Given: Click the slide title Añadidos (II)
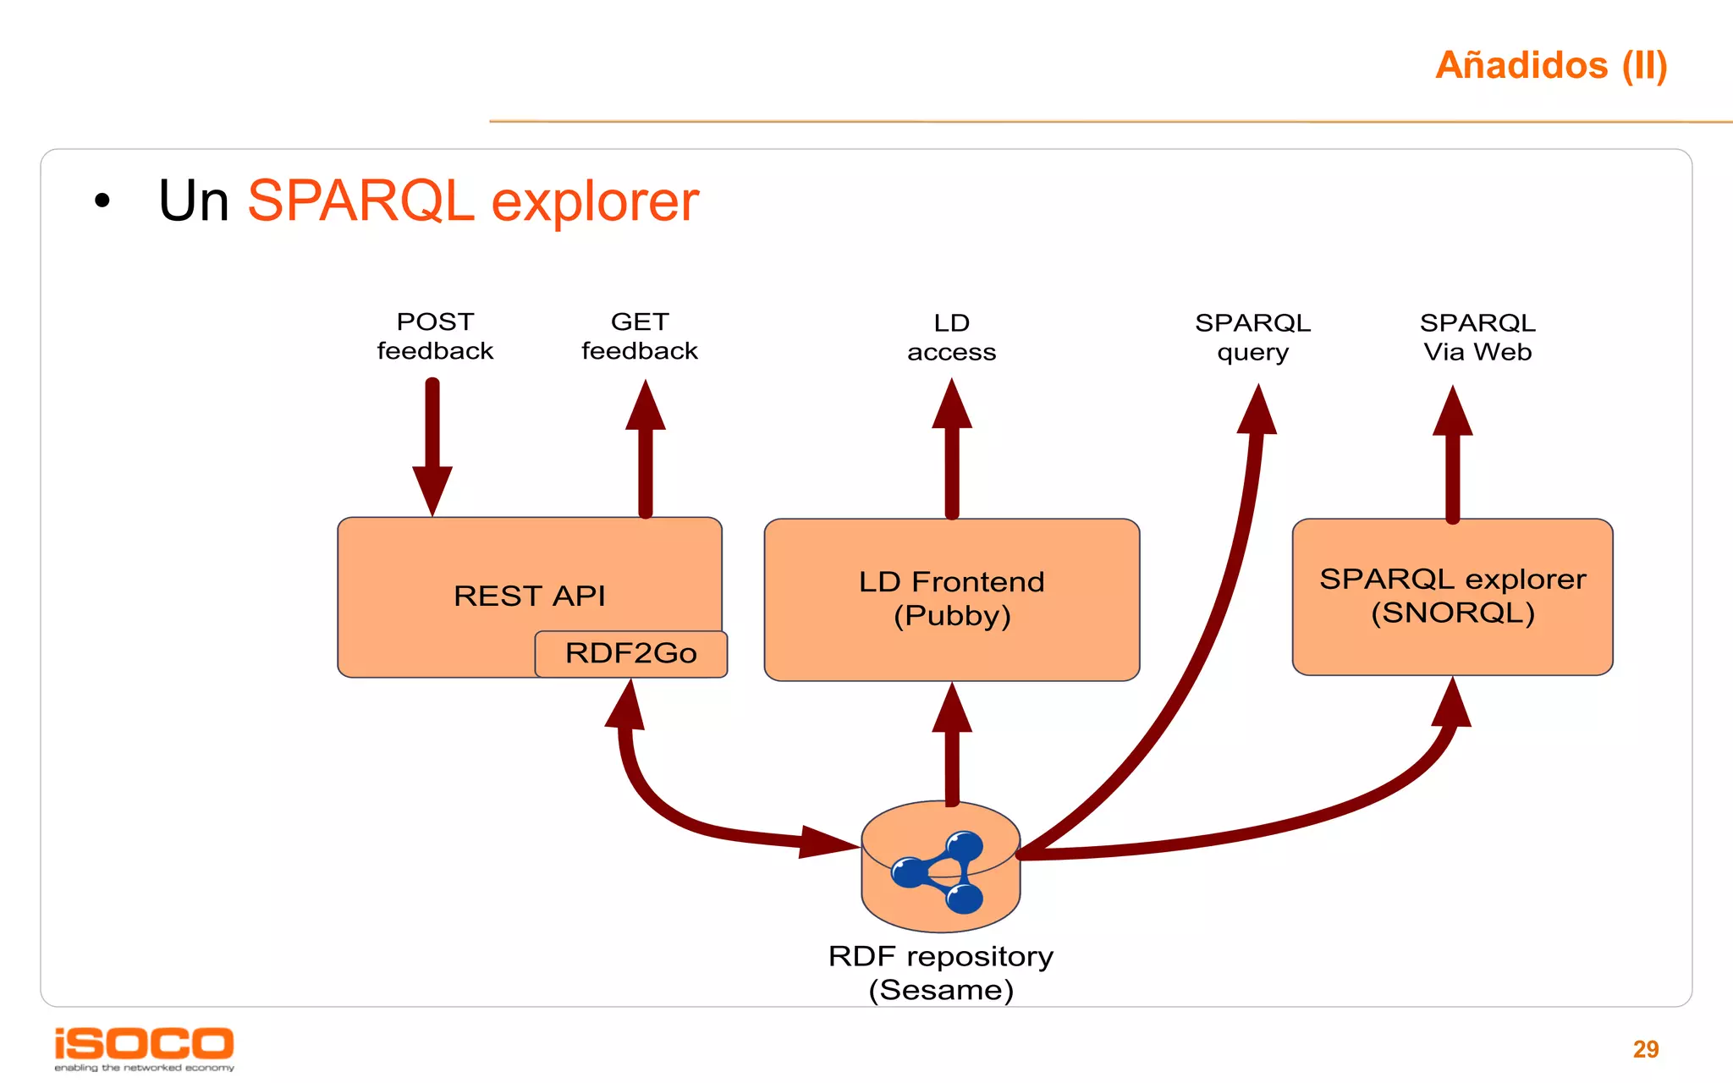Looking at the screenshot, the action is (1550, 66).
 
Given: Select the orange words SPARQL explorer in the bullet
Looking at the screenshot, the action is (472, 201).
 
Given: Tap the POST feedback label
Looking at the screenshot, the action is (435, 336).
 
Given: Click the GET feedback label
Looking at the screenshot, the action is (640, 336).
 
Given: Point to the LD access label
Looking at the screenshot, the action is (951, 337).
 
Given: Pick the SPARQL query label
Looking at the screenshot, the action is (1252, 337).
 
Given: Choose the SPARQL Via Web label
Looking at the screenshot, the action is (1477, 337).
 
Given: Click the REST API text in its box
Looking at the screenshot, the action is (530, 596).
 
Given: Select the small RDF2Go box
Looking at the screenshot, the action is (631, 653).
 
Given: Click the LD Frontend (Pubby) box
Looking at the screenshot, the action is (951, 599).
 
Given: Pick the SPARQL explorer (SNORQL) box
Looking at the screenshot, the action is (1452, 596).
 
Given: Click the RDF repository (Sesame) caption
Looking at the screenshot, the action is (941, 973).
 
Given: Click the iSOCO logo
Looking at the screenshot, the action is (144, 1047).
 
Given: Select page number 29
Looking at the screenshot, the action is (1645, 1049).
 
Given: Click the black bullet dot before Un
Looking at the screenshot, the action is (102, 201).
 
